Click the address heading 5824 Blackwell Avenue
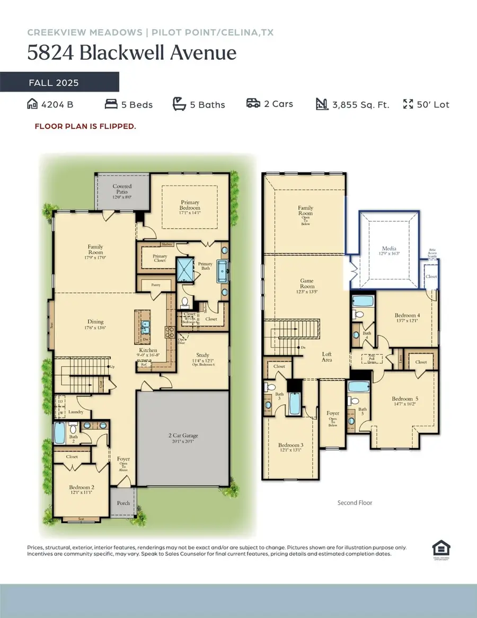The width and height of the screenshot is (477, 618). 132,54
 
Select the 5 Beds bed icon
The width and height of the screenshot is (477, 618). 111,104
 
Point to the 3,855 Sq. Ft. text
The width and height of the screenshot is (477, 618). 360,104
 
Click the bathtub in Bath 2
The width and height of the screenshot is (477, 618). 60,432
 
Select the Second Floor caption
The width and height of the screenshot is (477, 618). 355,502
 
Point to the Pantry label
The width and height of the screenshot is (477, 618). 155,285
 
